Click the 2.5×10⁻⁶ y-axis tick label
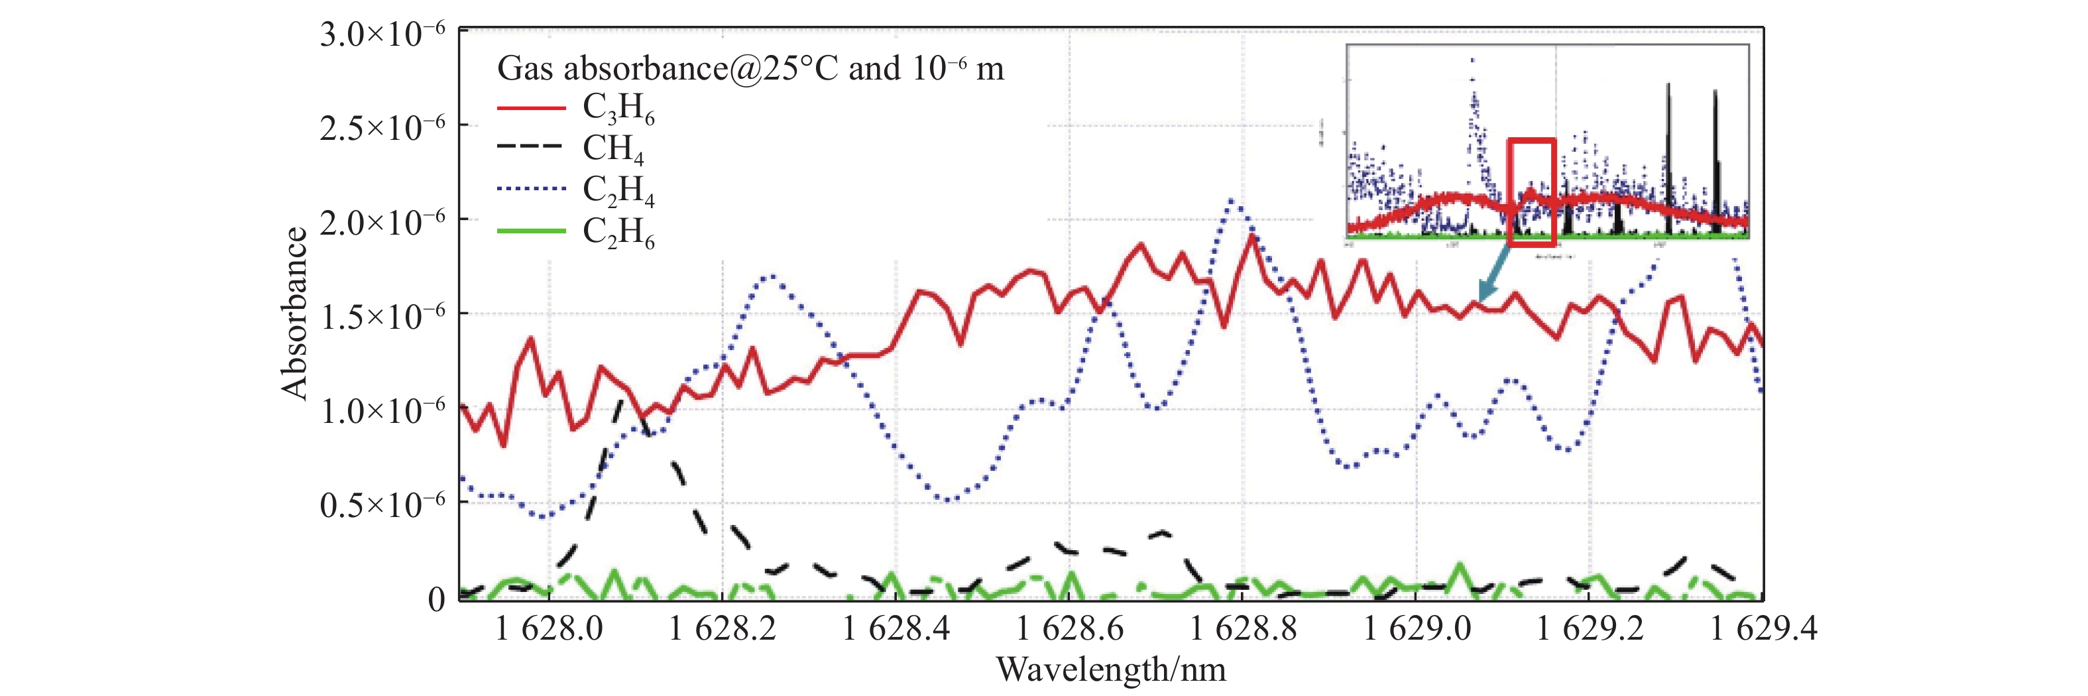coord(382,128)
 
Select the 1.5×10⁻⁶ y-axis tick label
coord(382,316)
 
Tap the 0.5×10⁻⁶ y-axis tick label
coord(382,505)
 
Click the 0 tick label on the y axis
coord(436,600)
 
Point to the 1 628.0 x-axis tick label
coord(549,629)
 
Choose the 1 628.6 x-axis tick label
coord(1069,629)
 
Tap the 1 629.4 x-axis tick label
coord(1763,629)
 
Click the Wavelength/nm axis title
coord(1110,670)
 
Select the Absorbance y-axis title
coord(295,314)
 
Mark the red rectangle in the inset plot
coord(1531,192)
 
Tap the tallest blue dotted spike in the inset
coord(1472,61)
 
